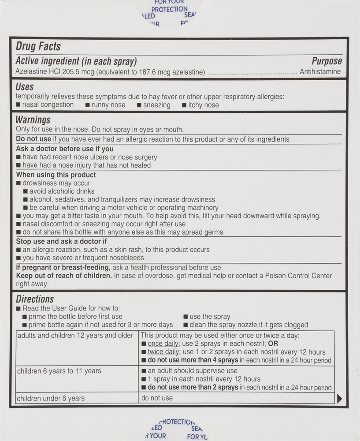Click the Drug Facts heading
click(38, 46)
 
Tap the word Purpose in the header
click(327, 61)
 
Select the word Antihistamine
click(320, 71)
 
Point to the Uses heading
click(25, 87)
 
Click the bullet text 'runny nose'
click(108, 105)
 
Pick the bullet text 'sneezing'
click(157, 105)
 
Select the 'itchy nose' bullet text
click(204, 105)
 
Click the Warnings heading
click(33, 120)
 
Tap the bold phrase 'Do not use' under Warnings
click(33, 139)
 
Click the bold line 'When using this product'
click(56, 175)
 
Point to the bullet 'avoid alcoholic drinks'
click(62, 191)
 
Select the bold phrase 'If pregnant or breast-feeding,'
click(63, 267)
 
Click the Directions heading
click(35, 299)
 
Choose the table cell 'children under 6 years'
click(51, 398)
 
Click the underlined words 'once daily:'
click(164, 344)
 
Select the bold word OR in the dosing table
click(273, 344)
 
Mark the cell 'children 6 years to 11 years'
click(59, 371)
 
